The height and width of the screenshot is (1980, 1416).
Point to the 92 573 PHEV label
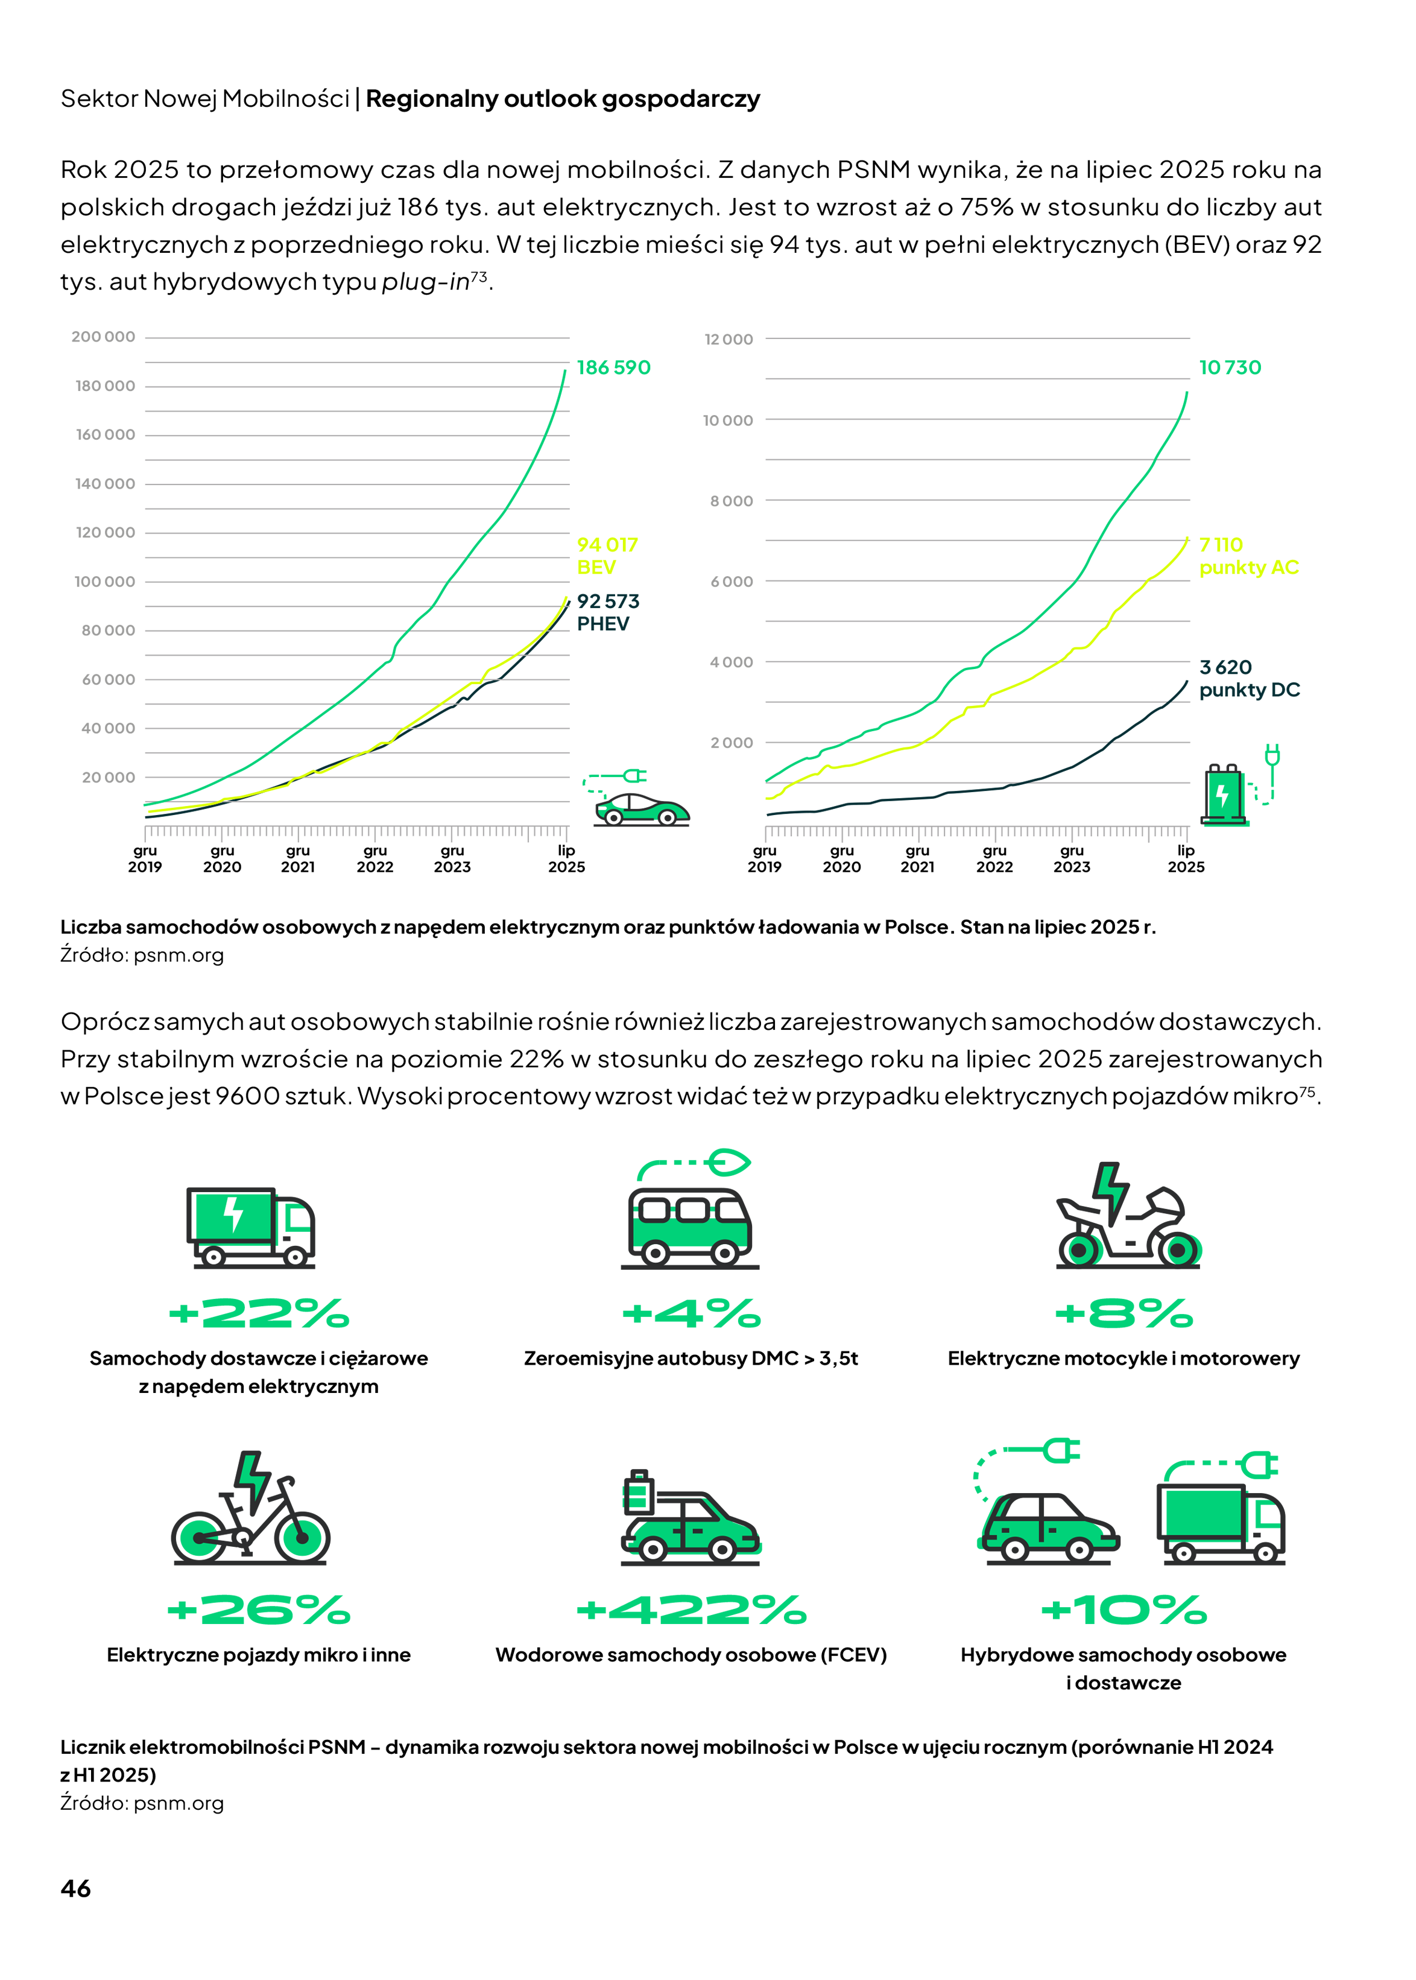608,612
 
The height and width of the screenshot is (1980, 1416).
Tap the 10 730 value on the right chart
1230,367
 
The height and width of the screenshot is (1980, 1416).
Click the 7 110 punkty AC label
1248,556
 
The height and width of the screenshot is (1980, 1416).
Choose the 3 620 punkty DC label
1248,677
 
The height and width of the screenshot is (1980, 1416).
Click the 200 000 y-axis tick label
103,337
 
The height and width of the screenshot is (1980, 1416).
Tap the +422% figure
692,1610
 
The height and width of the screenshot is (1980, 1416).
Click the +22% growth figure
259,1313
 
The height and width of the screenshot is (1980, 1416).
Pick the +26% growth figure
259,1610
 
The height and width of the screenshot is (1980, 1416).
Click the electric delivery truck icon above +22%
250,1226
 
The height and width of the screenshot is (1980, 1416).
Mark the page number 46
76,1888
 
